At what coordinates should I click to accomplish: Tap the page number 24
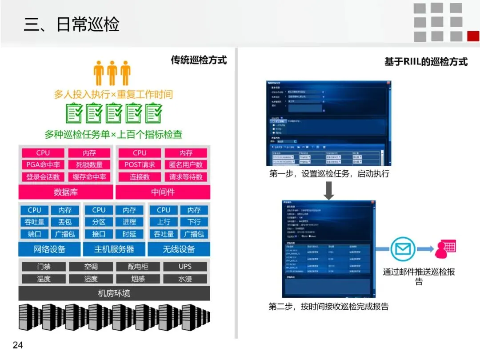(18, 345)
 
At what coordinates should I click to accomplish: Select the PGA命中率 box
(43, 165)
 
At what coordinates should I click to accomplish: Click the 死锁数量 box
(89, 165)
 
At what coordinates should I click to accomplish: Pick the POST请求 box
(140, 165)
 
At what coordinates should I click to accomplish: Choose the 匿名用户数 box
(186, 165)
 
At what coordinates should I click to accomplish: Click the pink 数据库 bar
(65, 192)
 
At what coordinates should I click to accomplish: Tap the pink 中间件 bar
(163, 192)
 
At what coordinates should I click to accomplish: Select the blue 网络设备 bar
(49, 249)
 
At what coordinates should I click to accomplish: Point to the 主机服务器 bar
(114, 249)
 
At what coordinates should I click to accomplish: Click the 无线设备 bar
(179, 249)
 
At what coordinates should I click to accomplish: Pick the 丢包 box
(65, 222)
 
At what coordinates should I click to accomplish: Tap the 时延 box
(129, 234)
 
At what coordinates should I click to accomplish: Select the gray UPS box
(185, 267)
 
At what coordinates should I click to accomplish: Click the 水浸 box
(185, 279)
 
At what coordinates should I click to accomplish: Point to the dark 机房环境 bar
(114, 293)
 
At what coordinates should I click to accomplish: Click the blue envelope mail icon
(403, 249)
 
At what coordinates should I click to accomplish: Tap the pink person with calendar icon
(445, 249)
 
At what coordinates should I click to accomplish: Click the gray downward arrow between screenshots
(329, 190)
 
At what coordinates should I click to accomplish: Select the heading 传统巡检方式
(199, 60)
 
